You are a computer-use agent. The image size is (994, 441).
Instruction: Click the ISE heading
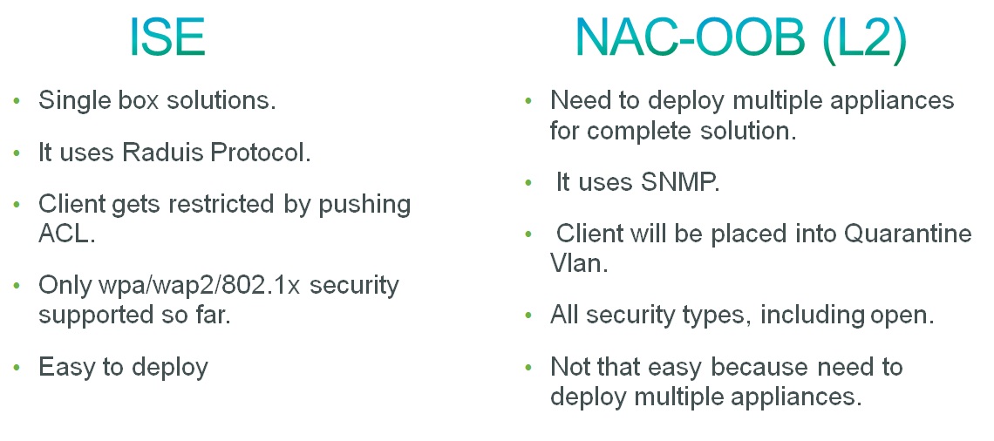[167, 37]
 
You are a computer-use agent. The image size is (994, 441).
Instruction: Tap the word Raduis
[153, 153]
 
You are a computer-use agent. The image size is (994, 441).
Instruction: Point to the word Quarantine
[908, 234]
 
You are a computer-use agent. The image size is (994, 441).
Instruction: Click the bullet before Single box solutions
[17, 101]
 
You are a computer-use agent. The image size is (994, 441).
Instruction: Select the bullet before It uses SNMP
[528, 182]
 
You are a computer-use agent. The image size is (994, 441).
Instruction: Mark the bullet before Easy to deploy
[17, 368]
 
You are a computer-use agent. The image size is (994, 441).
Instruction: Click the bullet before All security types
[528, 315]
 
